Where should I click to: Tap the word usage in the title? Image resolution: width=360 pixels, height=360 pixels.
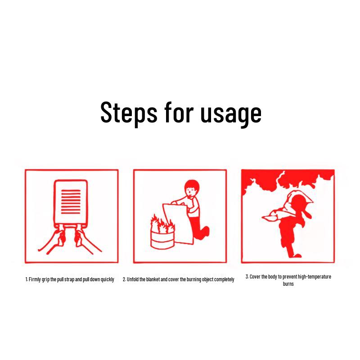(x=231, y=114)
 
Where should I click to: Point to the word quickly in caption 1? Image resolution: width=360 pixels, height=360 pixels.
(x=108, y=279)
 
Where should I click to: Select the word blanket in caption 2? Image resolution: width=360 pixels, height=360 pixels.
(x=153, y=279)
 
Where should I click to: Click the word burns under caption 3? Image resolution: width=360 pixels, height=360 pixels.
(x=288, y=284)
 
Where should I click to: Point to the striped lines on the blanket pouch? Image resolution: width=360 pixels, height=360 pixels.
(x=71, y=202)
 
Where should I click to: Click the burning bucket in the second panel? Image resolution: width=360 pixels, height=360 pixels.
(x=162, y=240)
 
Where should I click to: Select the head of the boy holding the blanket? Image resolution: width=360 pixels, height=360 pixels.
(x=192, y=188)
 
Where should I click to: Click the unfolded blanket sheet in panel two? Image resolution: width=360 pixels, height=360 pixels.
(x=178, y=223)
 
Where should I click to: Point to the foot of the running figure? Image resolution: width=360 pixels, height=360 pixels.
(x=297, y=256)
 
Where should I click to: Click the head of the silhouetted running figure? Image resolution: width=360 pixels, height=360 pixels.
(x=298, y=202)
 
